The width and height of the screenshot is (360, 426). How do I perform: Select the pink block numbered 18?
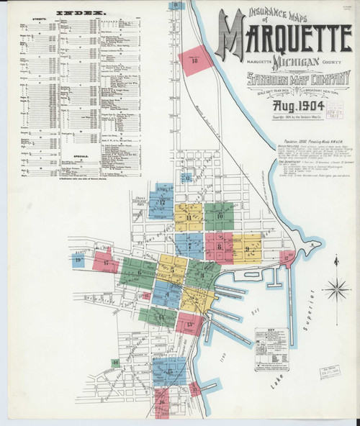click(x=195, y=61)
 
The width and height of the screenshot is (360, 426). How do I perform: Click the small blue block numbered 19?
click(x=78, y=259)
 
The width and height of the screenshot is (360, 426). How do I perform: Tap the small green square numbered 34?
click(x=114, y=362)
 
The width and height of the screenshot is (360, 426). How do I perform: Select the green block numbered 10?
click(x=220, y=214)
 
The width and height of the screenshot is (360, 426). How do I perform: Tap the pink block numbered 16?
click(x=163, y=399)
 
